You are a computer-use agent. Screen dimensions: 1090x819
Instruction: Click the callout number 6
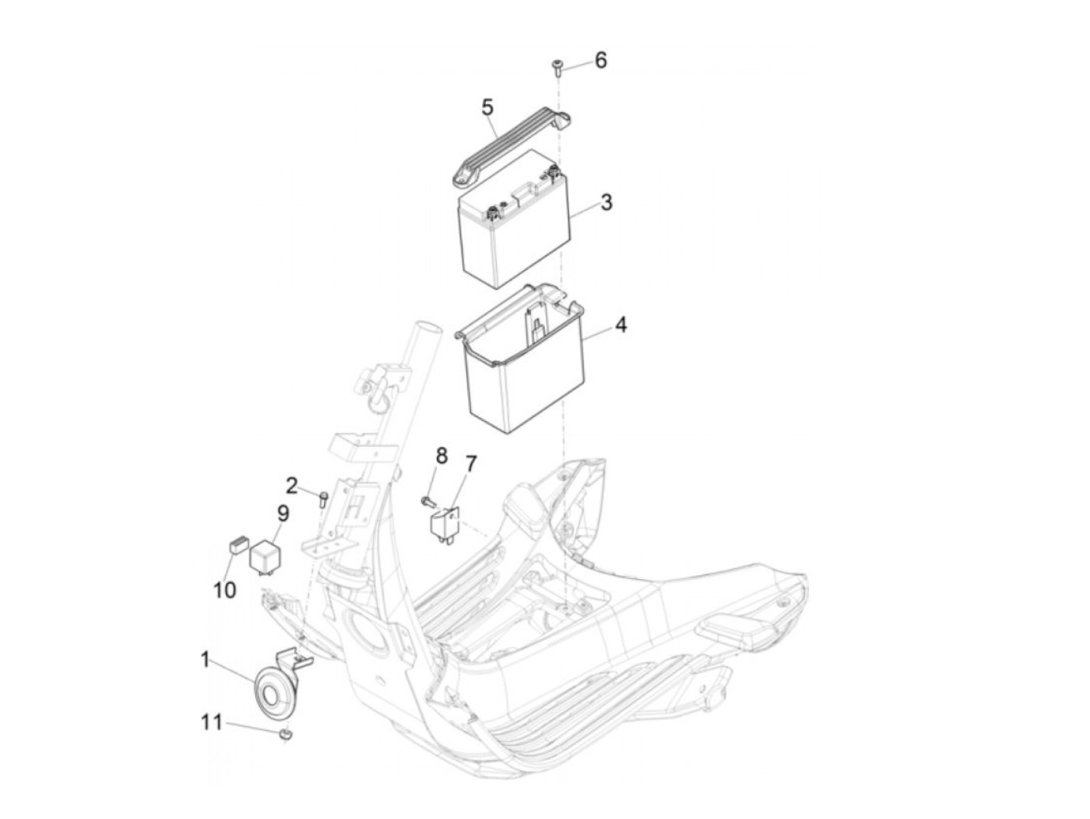pos(600,61)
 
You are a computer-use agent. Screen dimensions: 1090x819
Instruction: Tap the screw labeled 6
pos(557,68)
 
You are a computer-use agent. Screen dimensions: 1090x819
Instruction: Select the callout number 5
pos(487,107)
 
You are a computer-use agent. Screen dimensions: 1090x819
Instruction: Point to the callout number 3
pos(606,202)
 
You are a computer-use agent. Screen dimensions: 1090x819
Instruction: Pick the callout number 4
pos(621,325)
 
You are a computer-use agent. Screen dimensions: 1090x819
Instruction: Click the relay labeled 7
pos(444,525)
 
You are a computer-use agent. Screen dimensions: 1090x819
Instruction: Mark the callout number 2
pos(292,486)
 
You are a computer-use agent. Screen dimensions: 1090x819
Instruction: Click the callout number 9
pos(283,515)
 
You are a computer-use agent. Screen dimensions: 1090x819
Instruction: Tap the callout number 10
pos(224,590)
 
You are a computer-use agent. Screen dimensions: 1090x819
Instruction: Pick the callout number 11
pos(212,722)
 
